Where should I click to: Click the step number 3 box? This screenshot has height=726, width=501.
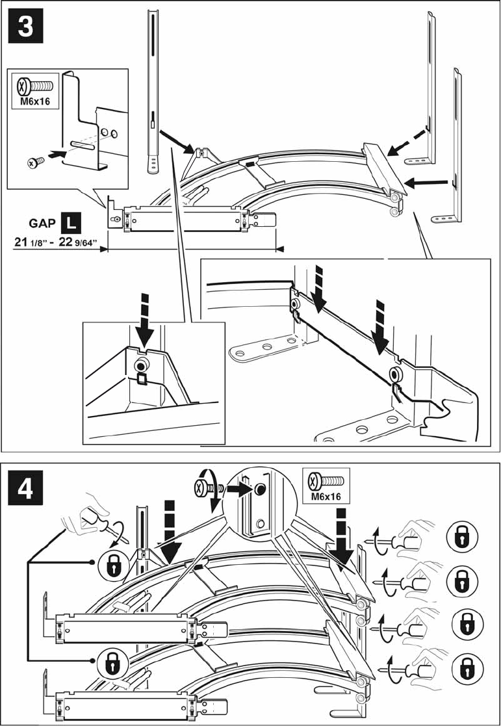25,26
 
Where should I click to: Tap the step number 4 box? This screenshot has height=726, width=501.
25,487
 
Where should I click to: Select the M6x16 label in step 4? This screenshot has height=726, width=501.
326,497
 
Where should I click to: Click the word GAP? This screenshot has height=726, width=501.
43,223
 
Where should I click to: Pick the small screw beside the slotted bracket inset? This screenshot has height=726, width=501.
36,162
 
